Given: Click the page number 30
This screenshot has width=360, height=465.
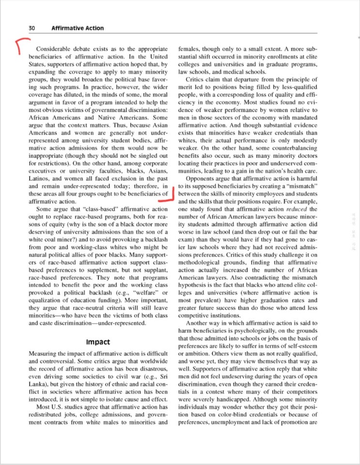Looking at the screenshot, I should coord(32,28).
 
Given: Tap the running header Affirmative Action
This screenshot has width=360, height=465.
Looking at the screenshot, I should coord(78,28).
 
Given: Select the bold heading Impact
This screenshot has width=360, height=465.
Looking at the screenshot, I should coord(98,342).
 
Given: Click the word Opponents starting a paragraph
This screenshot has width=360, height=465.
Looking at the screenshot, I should coord(201,178).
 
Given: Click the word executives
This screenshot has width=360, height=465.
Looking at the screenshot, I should coord(45,171).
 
